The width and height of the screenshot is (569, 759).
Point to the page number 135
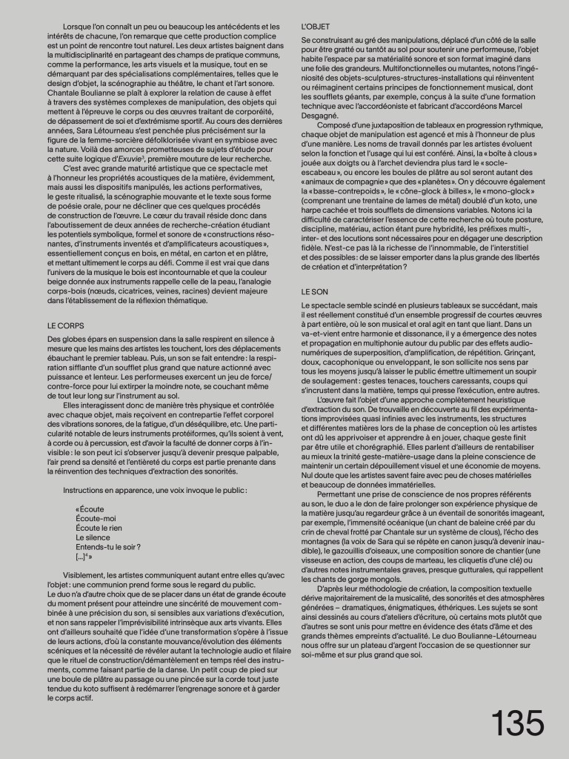click(516, 723)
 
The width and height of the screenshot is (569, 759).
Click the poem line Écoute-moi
click(96, 519)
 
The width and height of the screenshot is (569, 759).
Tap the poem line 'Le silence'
click(93, 537)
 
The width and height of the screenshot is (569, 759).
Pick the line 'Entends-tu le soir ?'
click(108, 547)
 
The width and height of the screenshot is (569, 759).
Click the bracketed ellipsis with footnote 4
click(84, 557)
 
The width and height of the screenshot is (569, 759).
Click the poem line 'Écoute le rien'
click(99, 528)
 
